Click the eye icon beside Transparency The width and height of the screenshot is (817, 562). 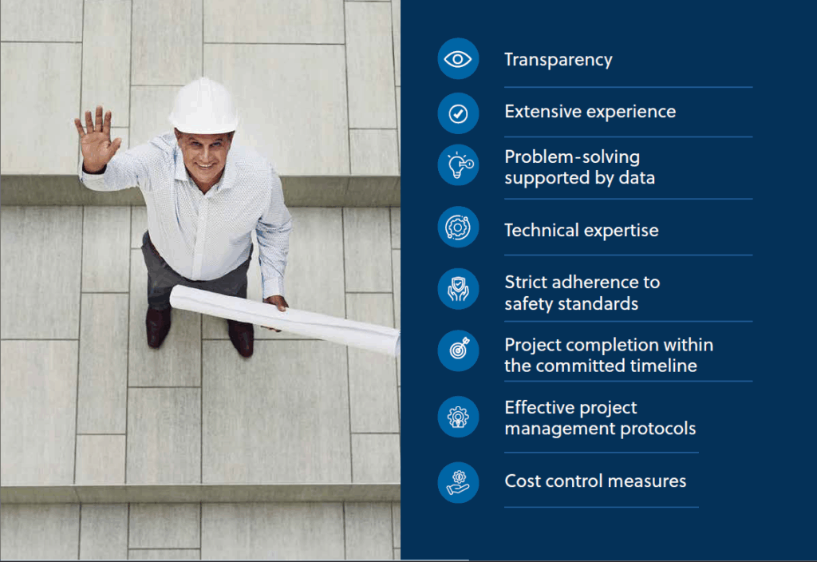pyautogui.click(x=458, y=59)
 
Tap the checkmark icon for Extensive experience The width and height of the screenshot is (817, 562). pyautogui.click(x=458, y=113)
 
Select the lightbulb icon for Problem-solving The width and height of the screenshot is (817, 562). pyautogui.click(x=458, y=165)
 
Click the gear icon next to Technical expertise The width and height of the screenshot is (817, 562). pyautogui.click(x=458, y=228)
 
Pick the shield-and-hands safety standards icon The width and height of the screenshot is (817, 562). pyautogui.click(x=458, y=289)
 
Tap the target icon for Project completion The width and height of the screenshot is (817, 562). pyautogui.click(x=458, y=351)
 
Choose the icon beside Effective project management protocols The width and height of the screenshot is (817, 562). pyautogui.click(x=458, y=417)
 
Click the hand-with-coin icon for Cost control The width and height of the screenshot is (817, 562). pyautogui.click(x=458, y=483)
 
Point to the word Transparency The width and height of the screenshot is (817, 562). pyautogui.click(x=558, y=60)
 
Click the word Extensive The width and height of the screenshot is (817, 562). pyautogui.click(x=543, y=112)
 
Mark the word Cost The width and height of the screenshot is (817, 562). pyautogui.click(x=523, y=481)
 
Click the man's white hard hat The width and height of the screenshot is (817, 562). pyautogui.click(x=203, y=106)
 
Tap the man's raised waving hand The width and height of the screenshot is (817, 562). pyautogui.click(x=97, y=138)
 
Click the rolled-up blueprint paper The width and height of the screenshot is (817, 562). pyautogui.click(x=285, y=319)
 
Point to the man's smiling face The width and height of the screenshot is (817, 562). pyautogui.click(x=205, y=156)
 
